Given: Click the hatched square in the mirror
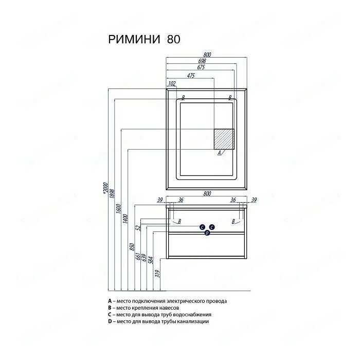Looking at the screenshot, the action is coord(224,138).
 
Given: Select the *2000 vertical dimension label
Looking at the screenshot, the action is coord(105,189).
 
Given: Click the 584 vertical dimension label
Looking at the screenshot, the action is coord(151,257).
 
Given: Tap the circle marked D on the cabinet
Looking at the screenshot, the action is coord(207,233).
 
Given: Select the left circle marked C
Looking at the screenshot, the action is coord(202,227).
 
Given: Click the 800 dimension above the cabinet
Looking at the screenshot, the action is coord(207,193).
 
